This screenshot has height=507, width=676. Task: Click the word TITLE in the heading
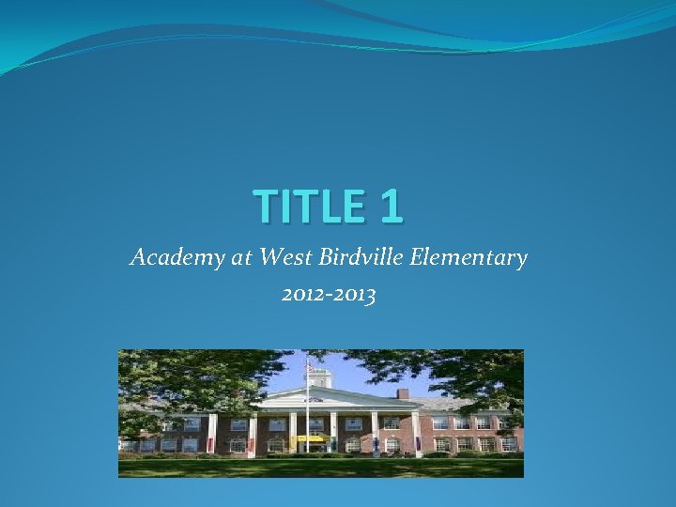point(312,207)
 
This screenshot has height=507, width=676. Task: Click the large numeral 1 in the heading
point(392,207)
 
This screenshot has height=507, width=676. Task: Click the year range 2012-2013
point(329,297)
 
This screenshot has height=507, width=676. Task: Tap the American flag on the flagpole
point(310,369)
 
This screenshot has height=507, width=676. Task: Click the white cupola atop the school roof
point(321,377)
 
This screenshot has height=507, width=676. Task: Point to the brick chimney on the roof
point(403,393)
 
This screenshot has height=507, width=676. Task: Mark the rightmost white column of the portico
point(416,433)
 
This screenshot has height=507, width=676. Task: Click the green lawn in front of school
point(319,467)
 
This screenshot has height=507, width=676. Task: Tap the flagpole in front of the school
point(306,422)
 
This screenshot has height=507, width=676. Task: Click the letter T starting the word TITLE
point(264,207)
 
